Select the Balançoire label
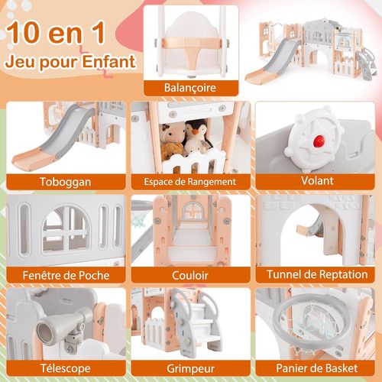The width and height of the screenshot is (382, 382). click(x=189, y=88)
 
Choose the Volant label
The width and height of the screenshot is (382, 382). click(x=316, y=182)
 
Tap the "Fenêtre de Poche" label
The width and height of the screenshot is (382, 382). click(x=64, y=274)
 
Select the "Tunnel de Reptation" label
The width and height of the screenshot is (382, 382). click(x=316, y=274)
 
